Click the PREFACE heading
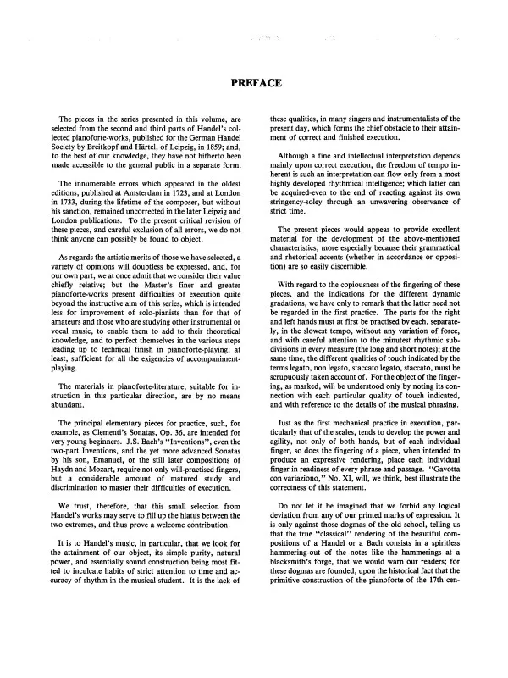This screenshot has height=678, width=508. (254, 82)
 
